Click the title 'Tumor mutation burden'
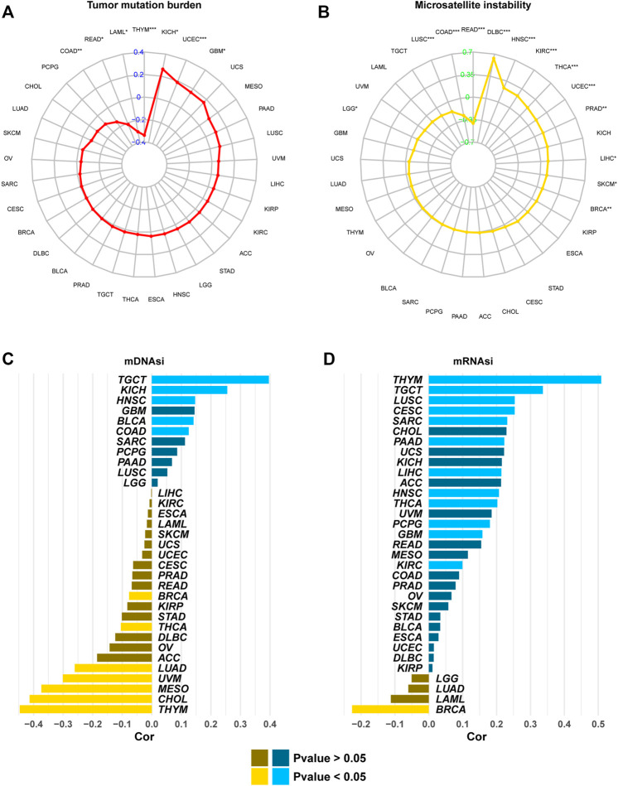pos(151,7)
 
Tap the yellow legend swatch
pos(263,776)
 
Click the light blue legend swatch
pos(286,776)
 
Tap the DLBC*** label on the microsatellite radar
pos(499,31)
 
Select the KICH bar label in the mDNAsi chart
pos(133,390)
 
